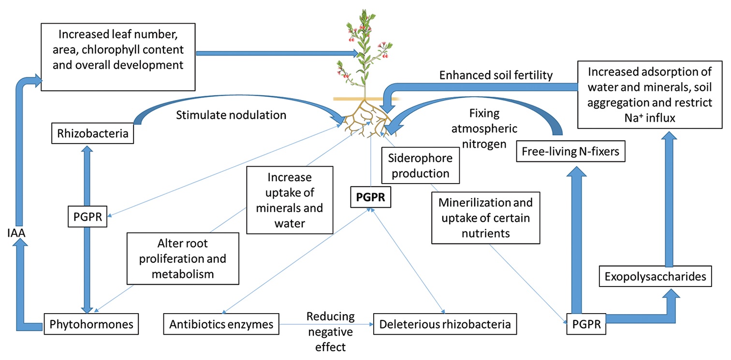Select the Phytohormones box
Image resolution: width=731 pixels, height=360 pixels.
(91, 324)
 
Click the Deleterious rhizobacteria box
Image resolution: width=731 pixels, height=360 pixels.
(445, 324)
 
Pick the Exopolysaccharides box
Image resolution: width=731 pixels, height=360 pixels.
(655, 276)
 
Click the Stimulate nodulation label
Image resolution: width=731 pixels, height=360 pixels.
(231, 115)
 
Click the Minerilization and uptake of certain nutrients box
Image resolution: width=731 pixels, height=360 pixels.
(485, 218)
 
